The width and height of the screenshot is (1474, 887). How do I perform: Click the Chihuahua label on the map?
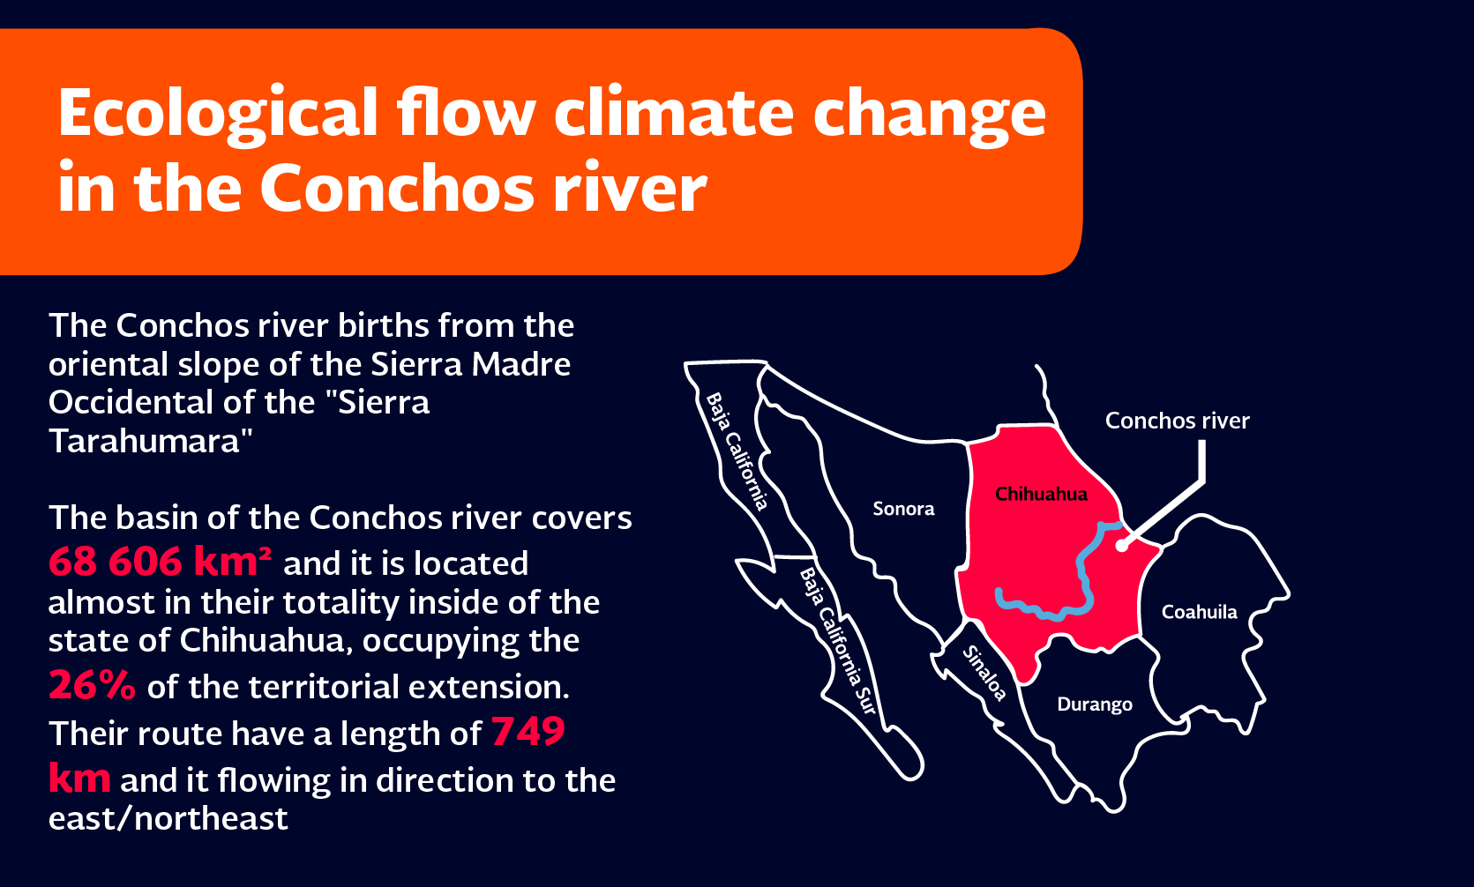click(x=1041, y=494)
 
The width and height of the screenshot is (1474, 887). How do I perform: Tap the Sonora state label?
click(x=903, y=508)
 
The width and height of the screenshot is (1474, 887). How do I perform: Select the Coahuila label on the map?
click(x=1199, y=612)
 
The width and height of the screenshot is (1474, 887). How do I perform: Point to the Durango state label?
click(x=1095, y=704)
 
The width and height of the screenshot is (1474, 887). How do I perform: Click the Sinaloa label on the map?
click(x=984, y=673)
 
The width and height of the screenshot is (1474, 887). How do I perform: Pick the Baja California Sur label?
click(x=838, y=641)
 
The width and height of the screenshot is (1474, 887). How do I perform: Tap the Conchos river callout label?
click(x=1178, y=421)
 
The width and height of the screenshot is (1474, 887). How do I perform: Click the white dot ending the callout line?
click(x=1122, y=546)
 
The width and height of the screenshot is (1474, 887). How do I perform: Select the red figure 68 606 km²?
click(x=160, y=562)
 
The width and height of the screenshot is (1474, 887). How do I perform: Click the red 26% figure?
click(x=92, y=685)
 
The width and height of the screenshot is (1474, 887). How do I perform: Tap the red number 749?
click(x=528, y=731)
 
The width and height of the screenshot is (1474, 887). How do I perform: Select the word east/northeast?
click(x=168, y=818)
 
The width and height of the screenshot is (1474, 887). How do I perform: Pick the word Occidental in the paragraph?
click(x=132, y=402)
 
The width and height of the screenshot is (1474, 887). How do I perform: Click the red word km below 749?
click(x=79, y=779)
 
